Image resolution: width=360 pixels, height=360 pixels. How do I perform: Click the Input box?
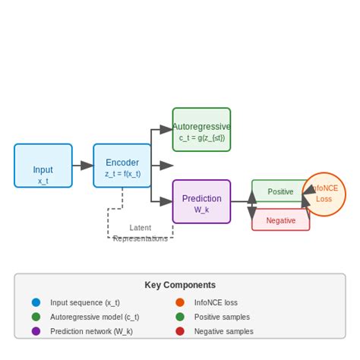(43, 166)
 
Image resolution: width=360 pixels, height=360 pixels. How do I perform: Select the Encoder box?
(122, 166)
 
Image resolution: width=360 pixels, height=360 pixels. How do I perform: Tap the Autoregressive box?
(201, 129)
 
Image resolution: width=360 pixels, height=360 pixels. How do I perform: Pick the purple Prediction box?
(201, 201)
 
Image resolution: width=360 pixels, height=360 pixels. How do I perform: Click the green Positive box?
(280, 191)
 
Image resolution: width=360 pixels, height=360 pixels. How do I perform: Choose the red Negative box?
(280, 220)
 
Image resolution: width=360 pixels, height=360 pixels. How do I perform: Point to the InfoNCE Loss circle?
(324, 194)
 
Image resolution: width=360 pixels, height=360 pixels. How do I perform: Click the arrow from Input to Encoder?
(83, 166)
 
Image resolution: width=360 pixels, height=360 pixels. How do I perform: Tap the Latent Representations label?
(141, 232)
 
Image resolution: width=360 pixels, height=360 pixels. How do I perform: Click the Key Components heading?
(180, 285)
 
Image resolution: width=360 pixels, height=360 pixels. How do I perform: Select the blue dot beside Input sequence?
(36, 302)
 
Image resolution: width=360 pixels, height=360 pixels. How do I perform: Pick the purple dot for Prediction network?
(36, 331)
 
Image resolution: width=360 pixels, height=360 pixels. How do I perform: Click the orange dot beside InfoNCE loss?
(180, 302)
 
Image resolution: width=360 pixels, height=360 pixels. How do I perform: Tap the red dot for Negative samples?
(180, 331)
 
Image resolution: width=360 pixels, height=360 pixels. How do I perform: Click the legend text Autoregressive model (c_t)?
(94, 317)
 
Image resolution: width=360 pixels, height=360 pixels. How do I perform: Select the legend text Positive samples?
(222, 317)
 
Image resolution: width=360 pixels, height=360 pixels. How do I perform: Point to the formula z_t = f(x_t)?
(122, 174)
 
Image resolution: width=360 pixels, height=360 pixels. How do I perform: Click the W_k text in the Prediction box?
(201, 210)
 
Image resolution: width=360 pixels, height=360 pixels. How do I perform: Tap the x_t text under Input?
(43, 181)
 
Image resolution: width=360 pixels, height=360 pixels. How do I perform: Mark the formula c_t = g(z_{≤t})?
(201, 138)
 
